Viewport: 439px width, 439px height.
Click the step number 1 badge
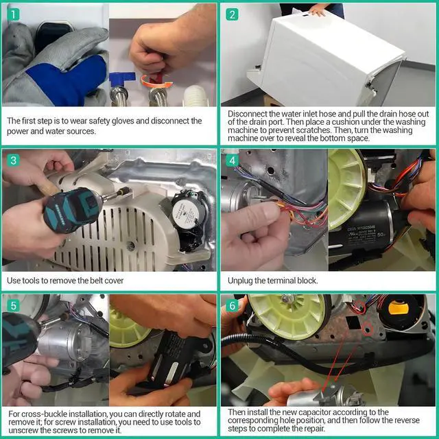[13, 14]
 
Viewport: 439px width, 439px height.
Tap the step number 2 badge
[232, 14]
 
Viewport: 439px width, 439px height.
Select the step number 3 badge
[13, 161]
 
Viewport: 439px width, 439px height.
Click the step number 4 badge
[232, 161]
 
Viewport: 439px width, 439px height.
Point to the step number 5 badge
[13, 306]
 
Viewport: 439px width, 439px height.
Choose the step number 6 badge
[232, 306]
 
